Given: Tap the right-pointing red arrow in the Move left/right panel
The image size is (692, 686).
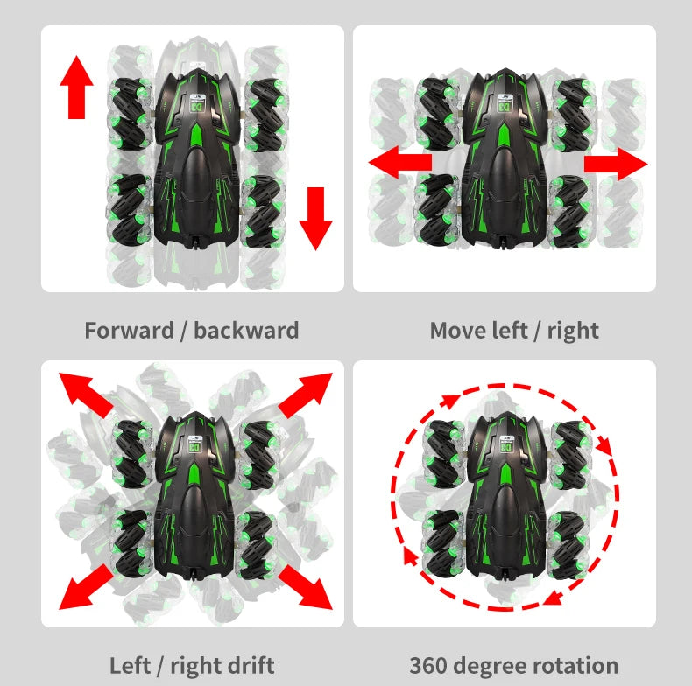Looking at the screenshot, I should click(x=616, y=164).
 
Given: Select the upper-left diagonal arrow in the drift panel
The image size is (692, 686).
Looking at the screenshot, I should click(x=85, y=392).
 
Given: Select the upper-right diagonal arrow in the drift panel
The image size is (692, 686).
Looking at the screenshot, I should click(x=307, y=393).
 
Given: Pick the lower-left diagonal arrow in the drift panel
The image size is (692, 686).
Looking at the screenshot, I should click(x=85, y=587).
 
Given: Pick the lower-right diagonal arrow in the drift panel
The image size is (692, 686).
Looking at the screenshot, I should click(x=307, y=587).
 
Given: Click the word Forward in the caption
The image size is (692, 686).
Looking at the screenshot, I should click(x=129, y=331).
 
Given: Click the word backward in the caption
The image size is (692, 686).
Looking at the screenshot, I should click(x=246, y=331).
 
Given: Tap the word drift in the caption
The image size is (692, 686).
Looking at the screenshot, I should click(x=248, y=665).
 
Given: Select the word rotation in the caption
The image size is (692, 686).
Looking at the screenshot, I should click(x=575, y=665).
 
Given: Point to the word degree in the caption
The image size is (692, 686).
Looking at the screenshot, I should click(x=496, y=665).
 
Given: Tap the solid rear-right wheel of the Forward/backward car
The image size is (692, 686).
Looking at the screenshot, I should click(x=264, y=210).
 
